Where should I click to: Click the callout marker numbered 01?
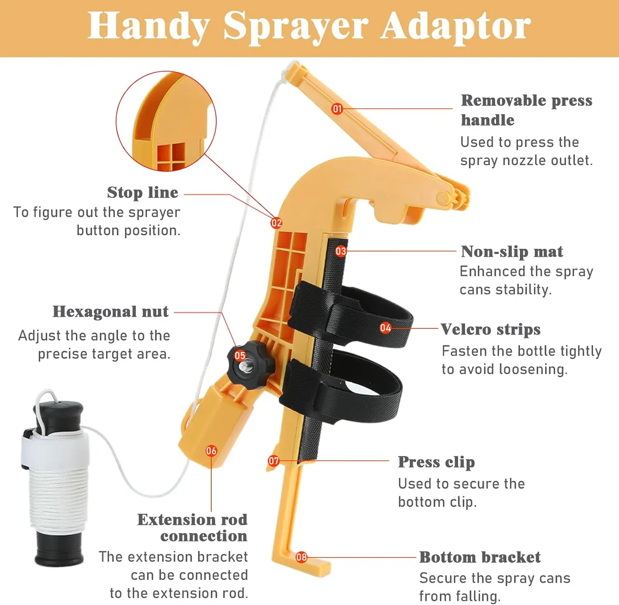click(x=337, y=109)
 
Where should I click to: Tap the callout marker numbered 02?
click(x=276, y=223)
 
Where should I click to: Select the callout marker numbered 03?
click(x=341, y=251)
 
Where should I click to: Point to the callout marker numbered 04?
click(x=385, y=328)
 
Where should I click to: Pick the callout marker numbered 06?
click(x=211, y=451)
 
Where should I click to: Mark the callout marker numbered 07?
click(x=274, y=461)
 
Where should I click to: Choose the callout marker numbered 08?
click(x=302, y=557)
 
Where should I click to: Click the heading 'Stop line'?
click(x=142, y=192)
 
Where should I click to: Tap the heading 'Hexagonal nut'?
click(x=111, y=312)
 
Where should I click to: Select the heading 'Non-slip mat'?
click(x=512, y=251)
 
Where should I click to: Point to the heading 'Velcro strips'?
click(x=490, y=329)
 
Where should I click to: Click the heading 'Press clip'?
click(x=436, y=462)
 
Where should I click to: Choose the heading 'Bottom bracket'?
click(x=480, y=557)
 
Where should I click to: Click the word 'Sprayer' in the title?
click(x=295, y=26)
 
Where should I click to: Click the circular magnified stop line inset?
click(x=166, y=121)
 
